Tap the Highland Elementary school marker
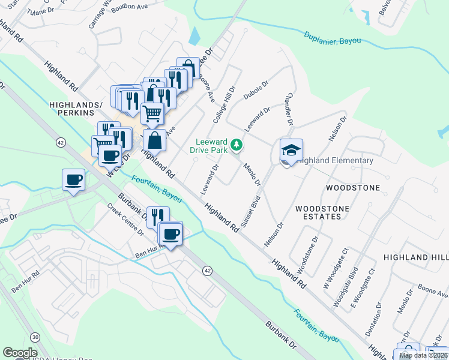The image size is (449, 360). (x=291, y=150)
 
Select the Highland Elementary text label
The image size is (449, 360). (x=335, y=161)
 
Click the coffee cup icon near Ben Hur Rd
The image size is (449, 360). (x=171, y=233)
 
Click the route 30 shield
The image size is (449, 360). (x=35, y=338)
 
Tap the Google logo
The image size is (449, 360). (x=20, y=353)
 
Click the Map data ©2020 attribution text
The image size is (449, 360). (x=423, y=355)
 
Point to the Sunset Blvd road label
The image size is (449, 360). (x=251, y=210)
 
